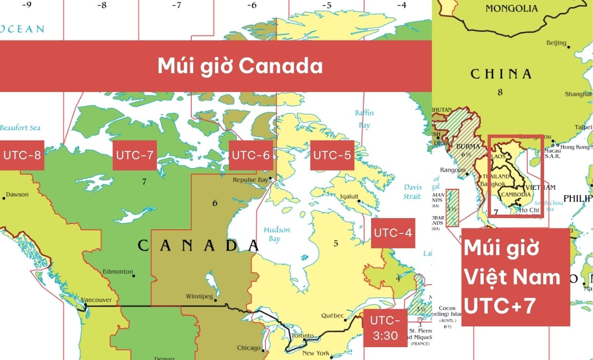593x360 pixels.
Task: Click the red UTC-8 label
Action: pos(22,155)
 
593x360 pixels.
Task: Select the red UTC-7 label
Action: pos(134,155)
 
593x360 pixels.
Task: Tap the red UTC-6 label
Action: pos(251,155)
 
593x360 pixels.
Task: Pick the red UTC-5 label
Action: pos(332,155)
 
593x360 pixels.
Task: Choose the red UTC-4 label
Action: pos(393,233)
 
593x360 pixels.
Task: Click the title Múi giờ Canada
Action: pos(240,66)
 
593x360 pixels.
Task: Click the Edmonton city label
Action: pos(118,271)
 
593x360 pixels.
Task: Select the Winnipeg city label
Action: pos(199,297)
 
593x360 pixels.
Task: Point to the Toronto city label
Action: pos(302,336)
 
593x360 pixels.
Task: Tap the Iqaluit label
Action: pos(349,196)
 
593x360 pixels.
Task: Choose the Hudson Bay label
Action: pos(276,234)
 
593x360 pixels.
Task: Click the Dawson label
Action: pos(17,194)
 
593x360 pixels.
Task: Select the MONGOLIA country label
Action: pos(511,8)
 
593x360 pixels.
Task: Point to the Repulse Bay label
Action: pos(250,180)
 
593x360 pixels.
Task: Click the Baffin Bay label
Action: pos(364,119)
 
